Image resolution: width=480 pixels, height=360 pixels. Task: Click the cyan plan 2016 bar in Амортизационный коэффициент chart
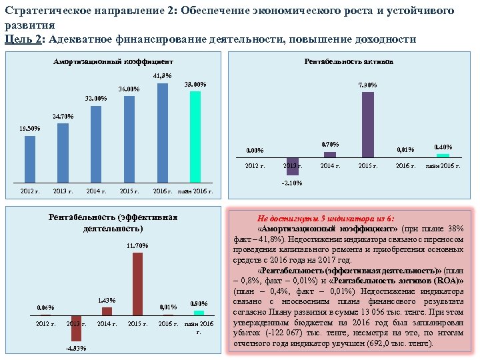click(195, 137)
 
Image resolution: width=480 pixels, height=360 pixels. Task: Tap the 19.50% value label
click(29, 128)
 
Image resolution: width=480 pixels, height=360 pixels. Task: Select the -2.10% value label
click(292, 183)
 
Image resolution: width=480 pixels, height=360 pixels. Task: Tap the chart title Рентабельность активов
click(349, 61)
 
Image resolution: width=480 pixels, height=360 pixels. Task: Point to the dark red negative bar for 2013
click(76, 328)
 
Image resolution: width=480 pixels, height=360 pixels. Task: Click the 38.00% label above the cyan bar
click(195, 85)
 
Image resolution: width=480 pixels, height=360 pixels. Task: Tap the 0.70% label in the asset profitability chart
click(330, 145)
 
